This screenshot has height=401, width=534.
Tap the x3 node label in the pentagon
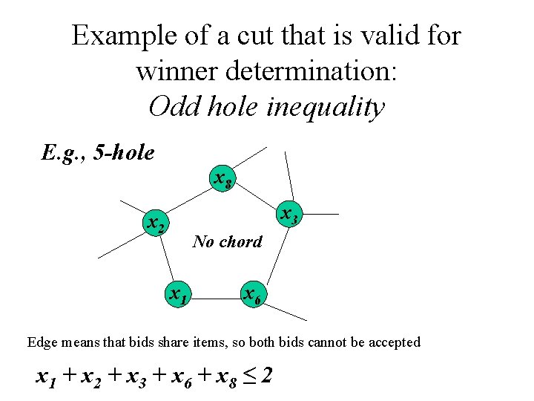pos(290,215)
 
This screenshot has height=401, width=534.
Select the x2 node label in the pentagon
pos(156,223)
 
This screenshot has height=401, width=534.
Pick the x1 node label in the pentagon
pos(177,295)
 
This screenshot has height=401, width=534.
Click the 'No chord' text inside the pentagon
pos(227,241)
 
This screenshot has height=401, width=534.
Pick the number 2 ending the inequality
pos(266,376)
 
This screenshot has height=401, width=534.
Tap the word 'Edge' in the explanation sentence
pos(41,342)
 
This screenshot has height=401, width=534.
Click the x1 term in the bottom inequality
pos(47,377)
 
